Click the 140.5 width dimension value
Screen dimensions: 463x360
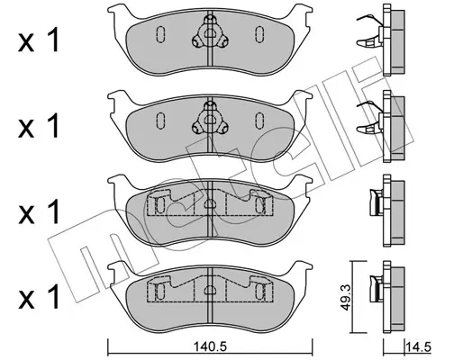pyautogui.click(x=210, y=347)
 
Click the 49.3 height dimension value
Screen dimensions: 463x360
pyautogui.click(x=347, y=297)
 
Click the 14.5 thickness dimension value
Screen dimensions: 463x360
pyautogui.click(x=418, y=347)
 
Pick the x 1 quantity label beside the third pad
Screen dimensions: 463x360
pyautogui.click(x=39, y=212)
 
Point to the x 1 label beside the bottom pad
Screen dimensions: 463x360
pyautogui.click(x=39, y=297)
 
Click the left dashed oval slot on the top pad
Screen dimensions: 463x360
pyautogui.click(x=160, y=34)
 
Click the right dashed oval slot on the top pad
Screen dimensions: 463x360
pyautogui.click(x=259, y=34)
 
